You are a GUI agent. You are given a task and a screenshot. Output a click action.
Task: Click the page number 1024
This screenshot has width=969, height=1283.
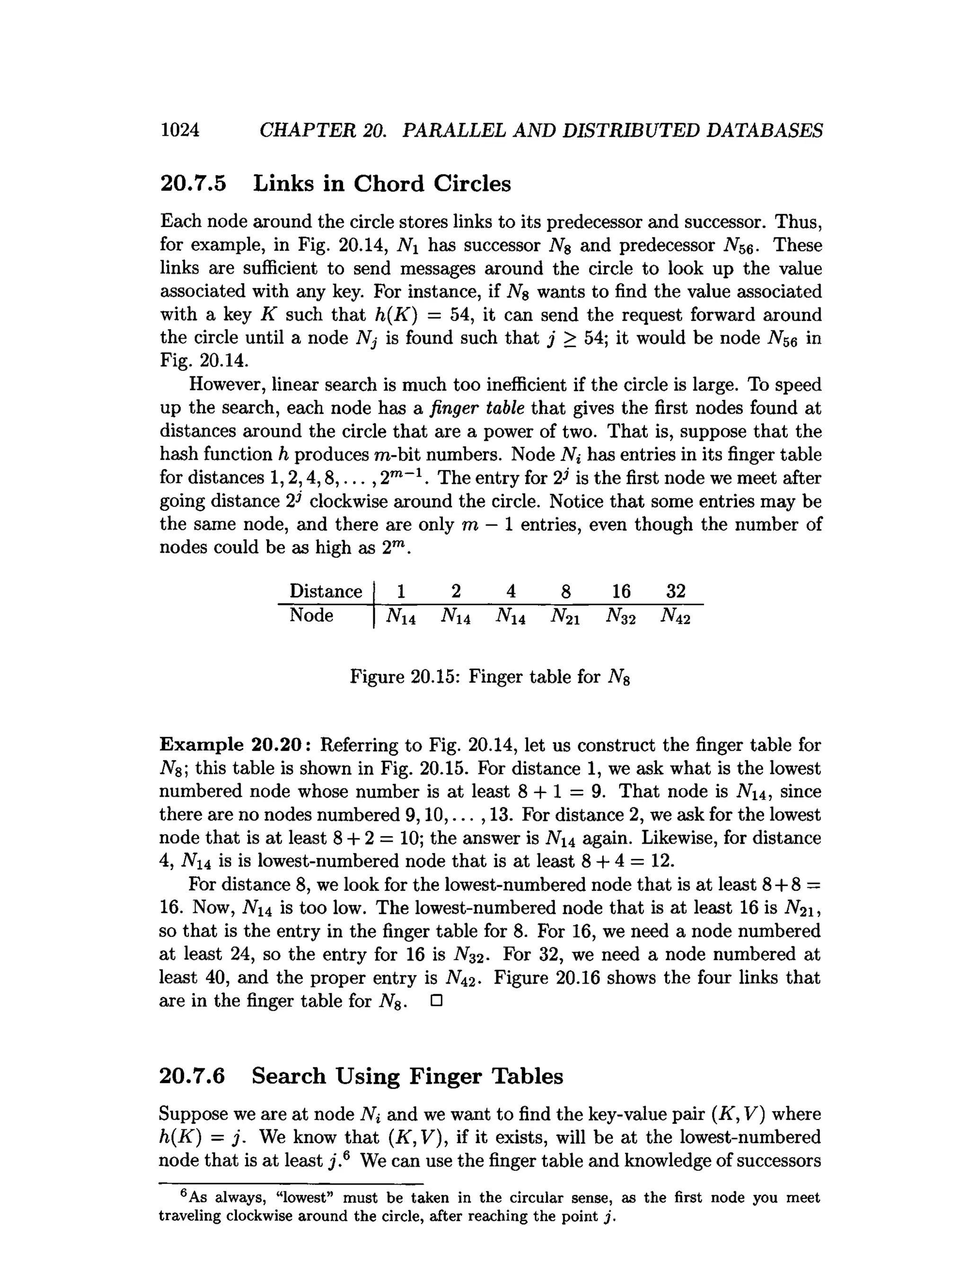[180, 130]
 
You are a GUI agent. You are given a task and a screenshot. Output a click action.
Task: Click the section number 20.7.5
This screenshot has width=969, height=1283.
[193, 184]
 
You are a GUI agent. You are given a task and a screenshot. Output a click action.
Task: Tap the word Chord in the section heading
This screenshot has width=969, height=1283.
[389, 184]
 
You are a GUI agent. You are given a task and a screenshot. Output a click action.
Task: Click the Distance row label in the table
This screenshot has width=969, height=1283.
[326, 591]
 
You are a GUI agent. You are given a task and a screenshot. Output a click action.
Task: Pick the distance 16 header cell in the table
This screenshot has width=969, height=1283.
[620, 591]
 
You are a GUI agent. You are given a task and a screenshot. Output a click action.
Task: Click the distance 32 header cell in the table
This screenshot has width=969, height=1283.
[675, 591]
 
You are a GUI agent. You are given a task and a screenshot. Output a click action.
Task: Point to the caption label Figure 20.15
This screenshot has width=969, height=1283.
[405, 676]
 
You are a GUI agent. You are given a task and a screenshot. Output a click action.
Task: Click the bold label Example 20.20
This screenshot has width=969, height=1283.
[238, 745]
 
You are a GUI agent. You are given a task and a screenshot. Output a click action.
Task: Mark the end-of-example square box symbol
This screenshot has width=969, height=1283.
[436, 1001]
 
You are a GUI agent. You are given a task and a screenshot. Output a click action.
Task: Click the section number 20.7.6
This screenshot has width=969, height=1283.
[192, 1076]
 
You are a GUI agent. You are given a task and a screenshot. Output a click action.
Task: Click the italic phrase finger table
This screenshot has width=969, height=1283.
[477, 408]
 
